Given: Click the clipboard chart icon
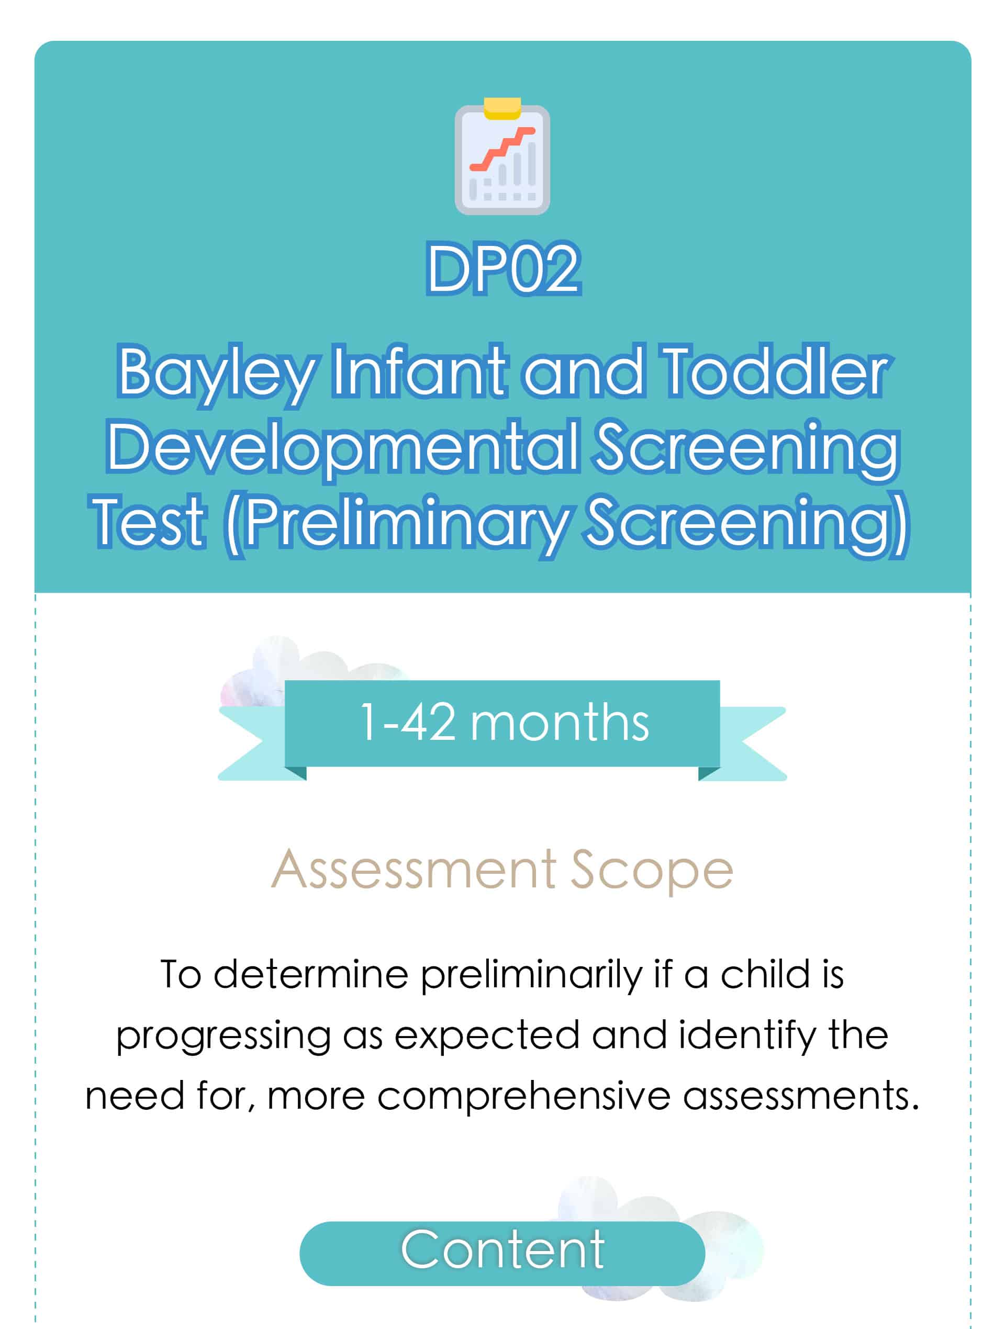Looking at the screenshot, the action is click(502, 156).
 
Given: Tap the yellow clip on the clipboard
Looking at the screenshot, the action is click(502, 108).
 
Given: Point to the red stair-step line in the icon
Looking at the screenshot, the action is click(502, 149).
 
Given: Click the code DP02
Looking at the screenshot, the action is click(503, 268).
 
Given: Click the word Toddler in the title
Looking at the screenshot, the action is click(774, 370).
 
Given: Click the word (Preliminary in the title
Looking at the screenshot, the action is click(396, 526).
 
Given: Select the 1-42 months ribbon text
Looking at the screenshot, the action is click(504, 723).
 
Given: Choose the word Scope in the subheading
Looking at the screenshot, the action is click(652, 872).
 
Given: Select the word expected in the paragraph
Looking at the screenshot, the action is click(487, 1038).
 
